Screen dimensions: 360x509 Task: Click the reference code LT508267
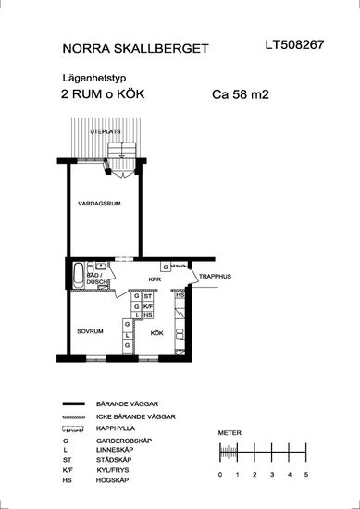(294, 44)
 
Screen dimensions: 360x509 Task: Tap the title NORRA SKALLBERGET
(135, 49)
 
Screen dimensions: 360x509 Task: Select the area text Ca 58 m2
(241, 94)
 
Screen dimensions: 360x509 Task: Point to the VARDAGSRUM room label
(99, 204)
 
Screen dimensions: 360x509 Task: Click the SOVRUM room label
(90, 331)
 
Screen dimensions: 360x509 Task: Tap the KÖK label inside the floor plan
(156, 333)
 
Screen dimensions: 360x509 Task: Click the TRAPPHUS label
(215, 277)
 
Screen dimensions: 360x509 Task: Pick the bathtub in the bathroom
(79, 275)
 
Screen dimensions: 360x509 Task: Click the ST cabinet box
(148, 296)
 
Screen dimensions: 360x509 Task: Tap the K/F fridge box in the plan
(148, 306)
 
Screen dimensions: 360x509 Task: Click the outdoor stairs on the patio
(122, 152)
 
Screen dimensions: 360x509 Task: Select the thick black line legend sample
(73, 403)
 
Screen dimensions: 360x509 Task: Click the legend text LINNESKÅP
(115, 450)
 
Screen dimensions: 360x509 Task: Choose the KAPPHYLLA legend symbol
(73, 429)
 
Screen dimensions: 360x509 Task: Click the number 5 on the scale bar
(306, 475)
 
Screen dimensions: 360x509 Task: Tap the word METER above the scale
(230, 433)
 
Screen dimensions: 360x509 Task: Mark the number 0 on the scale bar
(220, 475)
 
